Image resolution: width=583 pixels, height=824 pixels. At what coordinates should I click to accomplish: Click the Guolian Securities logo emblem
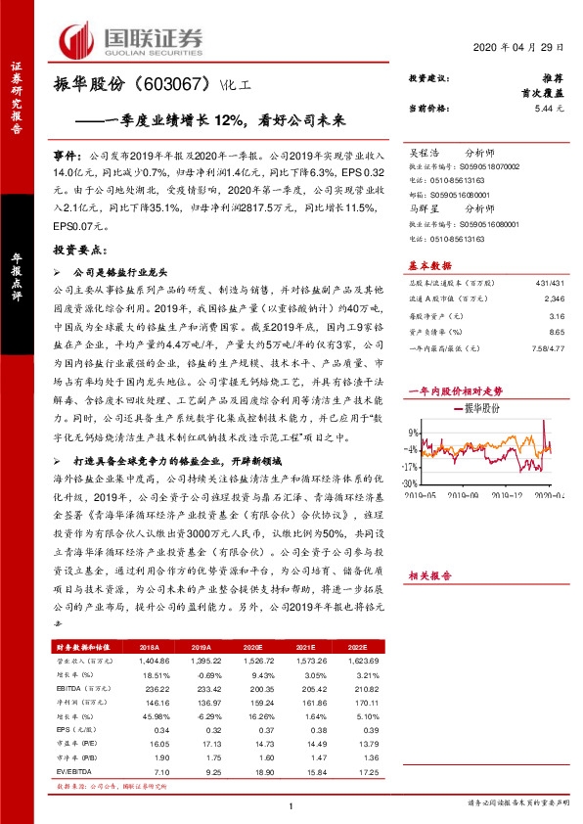coord(75,40)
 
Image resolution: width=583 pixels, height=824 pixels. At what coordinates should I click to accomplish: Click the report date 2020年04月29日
coord(520,48)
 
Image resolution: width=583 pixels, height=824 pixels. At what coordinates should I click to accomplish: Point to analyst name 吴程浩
coord(425,153)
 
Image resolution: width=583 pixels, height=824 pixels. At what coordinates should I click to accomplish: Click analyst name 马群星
coord(425,208)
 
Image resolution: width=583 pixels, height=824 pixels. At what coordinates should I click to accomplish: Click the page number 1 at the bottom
coord(291,804)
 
